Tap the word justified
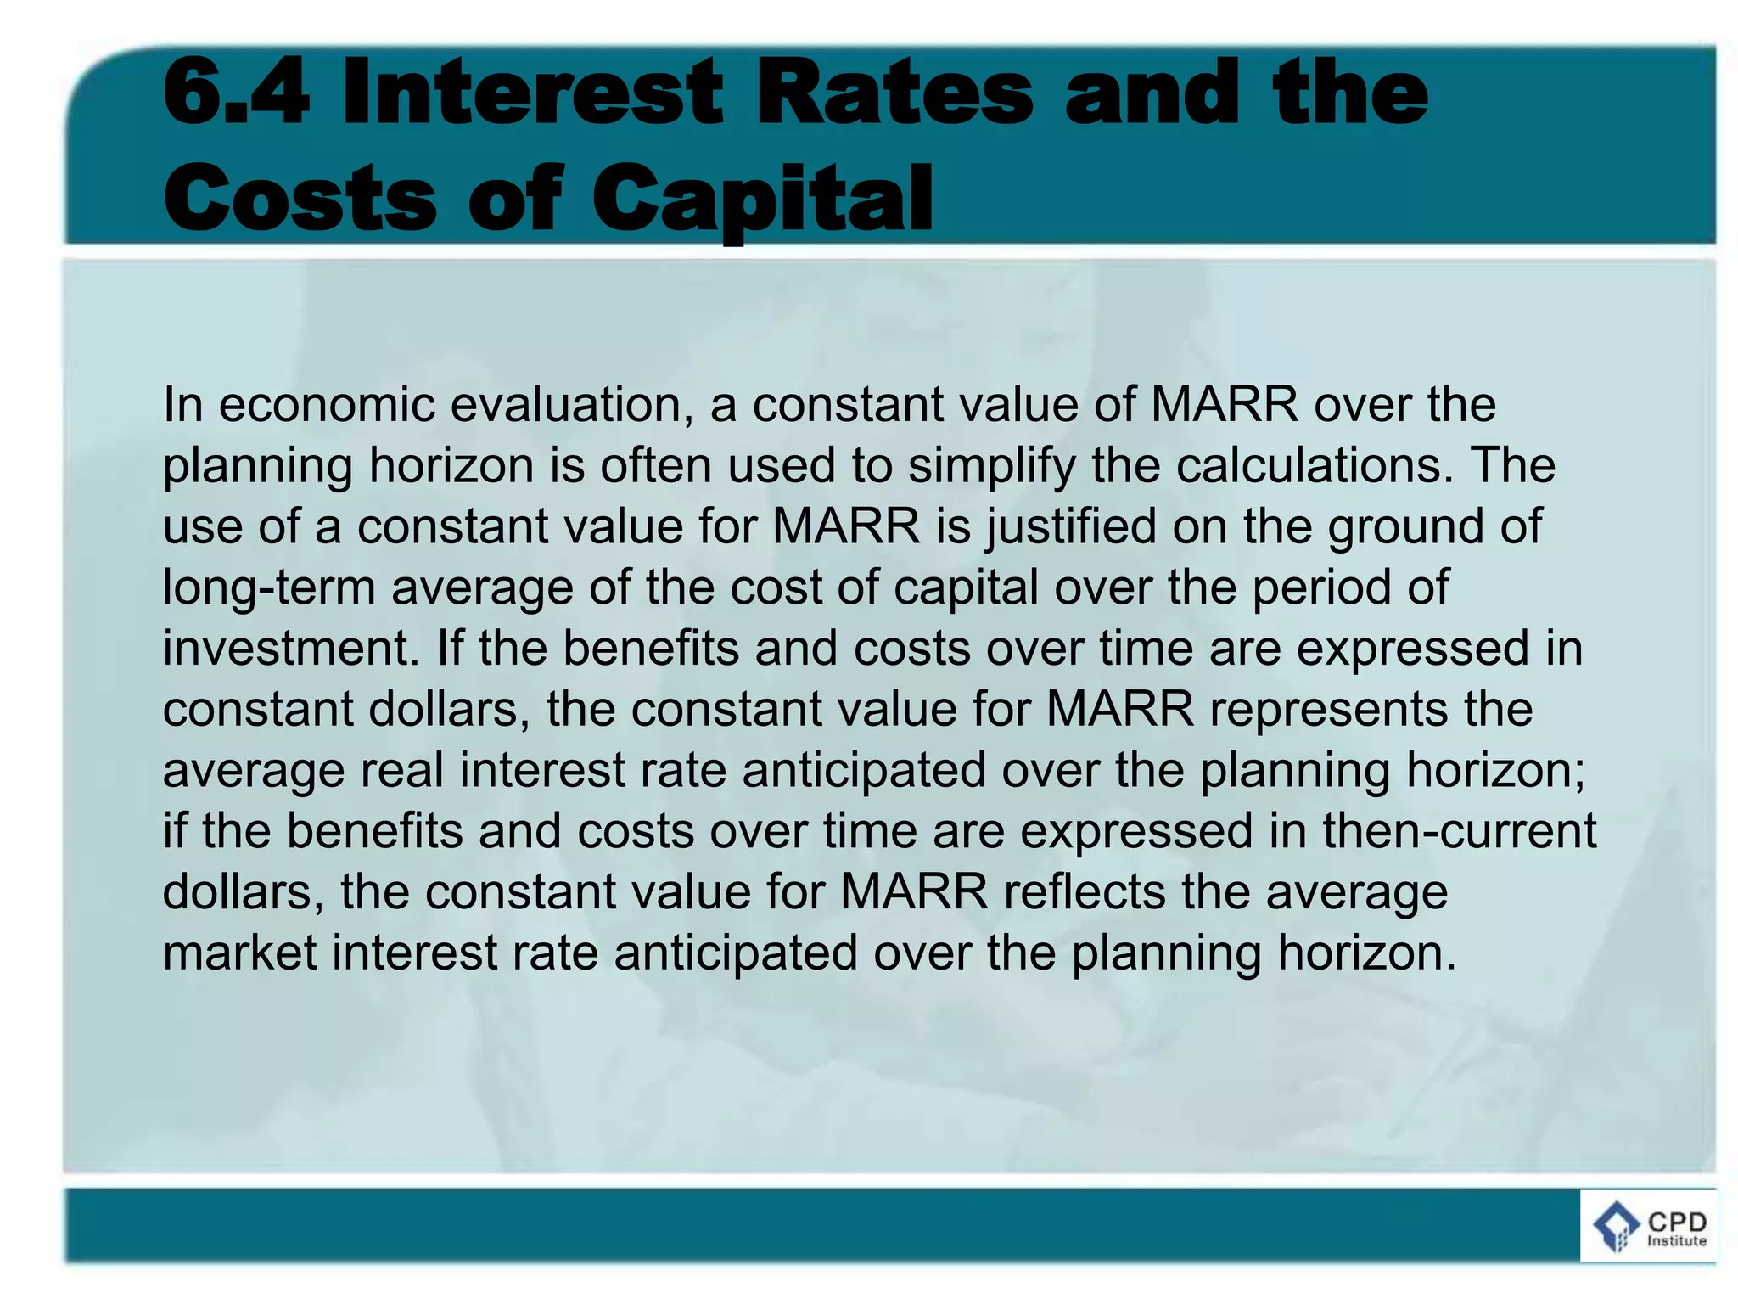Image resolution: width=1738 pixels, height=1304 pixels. point(1071,526)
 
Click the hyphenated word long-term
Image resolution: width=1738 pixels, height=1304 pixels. point(268,587)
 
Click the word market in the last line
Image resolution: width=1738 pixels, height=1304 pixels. point(239,953)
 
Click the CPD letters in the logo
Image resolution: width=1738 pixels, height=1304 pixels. point(1676,1222)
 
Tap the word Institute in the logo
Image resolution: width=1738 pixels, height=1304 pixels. point(1676,1241)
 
